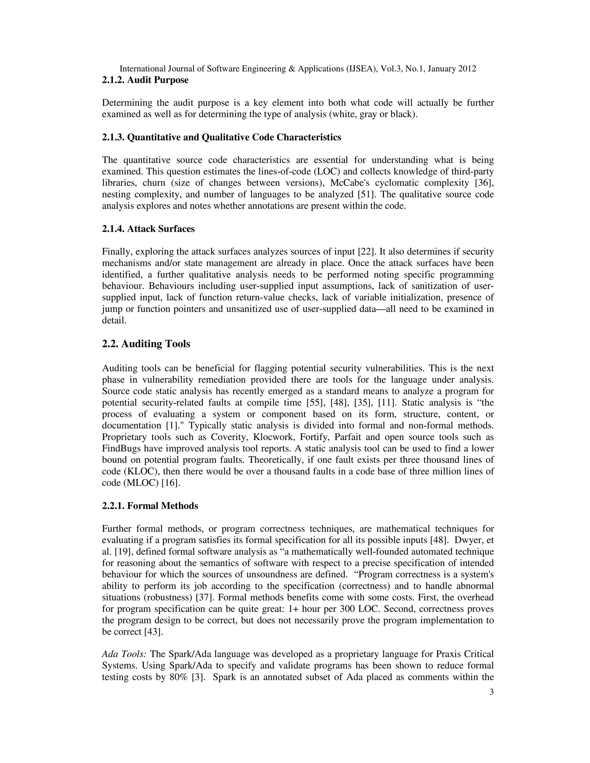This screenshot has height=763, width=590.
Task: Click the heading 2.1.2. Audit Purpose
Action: point(145,80)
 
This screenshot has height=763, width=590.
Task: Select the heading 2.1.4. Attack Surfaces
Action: point(148,229)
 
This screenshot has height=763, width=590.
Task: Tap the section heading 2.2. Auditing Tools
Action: point(146,344)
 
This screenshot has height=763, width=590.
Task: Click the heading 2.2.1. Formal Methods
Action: point(150,506)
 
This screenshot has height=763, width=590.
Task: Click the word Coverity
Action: point(229,437)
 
